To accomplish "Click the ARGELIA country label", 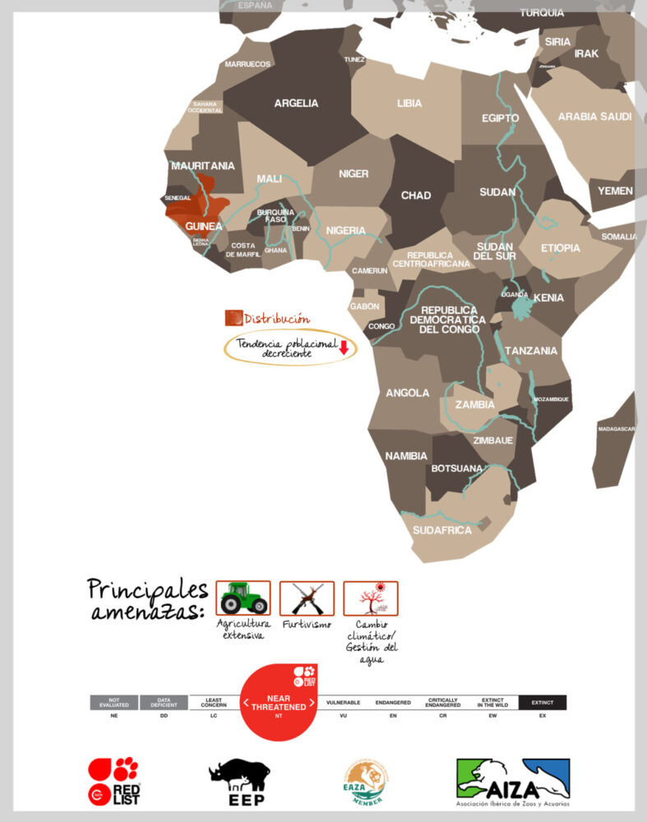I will pos(296,104).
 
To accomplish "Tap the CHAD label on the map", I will pos(415,196).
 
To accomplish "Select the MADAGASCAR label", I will pos(616,429).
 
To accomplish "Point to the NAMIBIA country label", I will pos(407,455).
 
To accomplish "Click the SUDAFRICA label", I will pos(442,530).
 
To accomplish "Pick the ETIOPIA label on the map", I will pos(561,248).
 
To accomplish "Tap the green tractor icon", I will pos(243,598).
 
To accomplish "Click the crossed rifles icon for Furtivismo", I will pos(307,598).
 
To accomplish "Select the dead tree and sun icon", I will pos(370,598).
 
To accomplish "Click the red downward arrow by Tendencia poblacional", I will pos(344,348).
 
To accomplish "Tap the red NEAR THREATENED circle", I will pos(279,703).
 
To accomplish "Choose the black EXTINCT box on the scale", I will pos(543,703).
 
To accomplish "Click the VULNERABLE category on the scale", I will pos(344,704).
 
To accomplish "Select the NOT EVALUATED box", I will pos(114,703).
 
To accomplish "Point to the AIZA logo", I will pos(513,782).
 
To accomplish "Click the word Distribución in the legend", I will pos(277,318).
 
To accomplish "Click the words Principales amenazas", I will pos(147,601).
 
